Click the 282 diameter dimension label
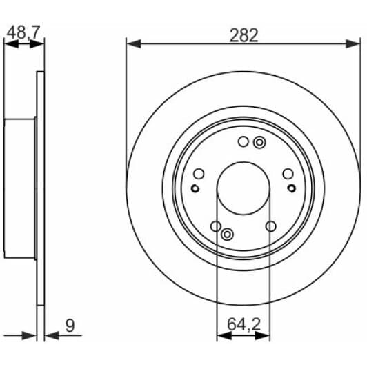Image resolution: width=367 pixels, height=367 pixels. [244, 35]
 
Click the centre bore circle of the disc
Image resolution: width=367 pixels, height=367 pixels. [244, 188]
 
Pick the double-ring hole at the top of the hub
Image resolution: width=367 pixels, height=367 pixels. [259, 143]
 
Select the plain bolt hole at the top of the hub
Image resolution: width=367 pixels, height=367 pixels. [243, 142]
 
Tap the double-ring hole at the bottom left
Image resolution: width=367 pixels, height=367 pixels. [227, 235]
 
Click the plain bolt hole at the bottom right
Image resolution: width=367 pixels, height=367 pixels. [270, 226]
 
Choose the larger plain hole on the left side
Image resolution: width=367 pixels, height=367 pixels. [199, 174]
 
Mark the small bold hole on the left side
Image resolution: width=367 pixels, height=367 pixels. [195, 189]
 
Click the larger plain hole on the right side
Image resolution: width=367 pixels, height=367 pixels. [288, 174]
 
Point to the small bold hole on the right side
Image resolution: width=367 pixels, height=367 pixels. [292, 188]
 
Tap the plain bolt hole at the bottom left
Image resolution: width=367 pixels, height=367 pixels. [216, 226]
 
